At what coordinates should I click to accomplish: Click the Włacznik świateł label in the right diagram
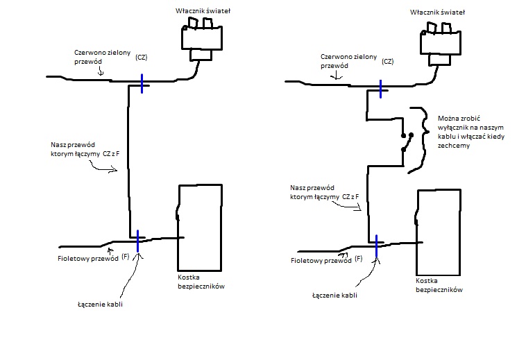tap(437, 12)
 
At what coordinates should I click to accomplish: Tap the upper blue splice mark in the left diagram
tap(142, 83)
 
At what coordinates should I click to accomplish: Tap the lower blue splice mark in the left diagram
tap(138, 241)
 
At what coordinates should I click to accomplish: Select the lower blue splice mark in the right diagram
tap(376, 246)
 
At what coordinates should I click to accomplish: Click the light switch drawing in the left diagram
tap(201, 40)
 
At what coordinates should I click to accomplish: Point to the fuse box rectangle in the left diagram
tap(201, 228)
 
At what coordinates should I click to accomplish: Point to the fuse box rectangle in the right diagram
tap(438, 231)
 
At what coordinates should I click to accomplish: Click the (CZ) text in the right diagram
tap(387, 62)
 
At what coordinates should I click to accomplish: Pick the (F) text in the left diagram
tap(126, 257)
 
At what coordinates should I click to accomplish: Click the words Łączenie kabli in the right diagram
tap(334, 295)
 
